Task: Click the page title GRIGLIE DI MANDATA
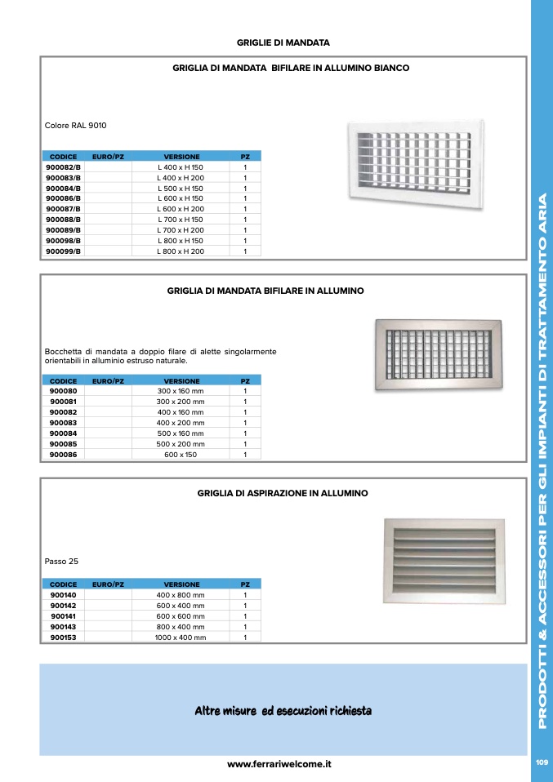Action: [283, 41]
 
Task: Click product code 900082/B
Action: [63, 167]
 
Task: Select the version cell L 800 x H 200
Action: [181, 251]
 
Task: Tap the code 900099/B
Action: [63, 251]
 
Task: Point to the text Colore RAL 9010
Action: [76, 126]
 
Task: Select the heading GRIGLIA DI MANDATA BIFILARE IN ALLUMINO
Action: [265, 290]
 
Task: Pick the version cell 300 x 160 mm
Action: [181, 391]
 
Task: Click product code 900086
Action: [63, 455]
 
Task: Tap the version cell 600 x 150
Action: [181, 455]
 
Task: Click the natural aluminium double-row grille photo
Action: [437, 356]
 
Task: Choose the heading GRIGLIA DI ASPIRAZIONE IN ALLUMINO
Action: [283, 493]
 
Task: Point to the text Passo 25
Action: [61, 562]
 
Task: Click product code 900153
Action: [63, 638]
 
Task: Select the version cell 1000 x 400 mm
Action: [181, 638]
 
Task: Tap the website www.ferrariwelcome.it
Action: [279, 765]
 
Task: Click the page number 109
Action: [541, 762]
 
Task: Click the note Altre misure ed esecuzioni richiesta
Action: [283, 711]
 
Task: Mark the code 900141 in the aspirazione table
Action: [63, 616]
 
